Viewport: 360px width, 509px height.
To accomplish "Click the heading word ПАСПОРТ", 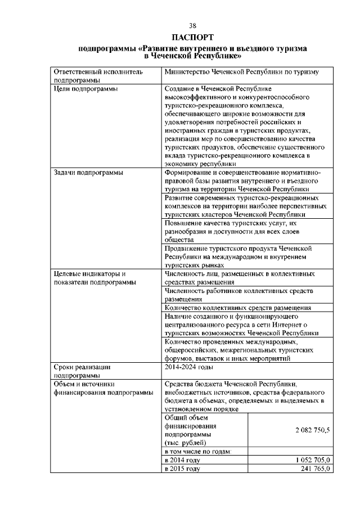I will click(x=192, y=38).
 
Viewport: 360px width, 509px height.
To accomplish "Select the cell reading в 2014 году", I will click(x=182, y=460).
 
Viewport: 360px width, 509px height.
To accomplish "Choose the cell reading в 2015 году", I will click(x=182, y=469).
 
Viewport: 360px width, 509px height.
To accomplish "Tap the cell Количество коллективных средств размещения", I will click(x=238, y=308).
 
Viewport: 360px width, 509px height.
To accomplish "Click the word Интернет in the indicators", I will click(x=287, y=325).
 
